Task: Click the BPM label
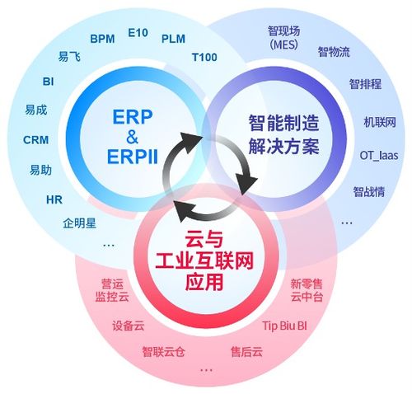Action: [x=103, y=38]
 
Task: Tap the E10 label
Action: [x=138, y=33]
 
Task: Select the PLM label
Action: [x=173, y=38]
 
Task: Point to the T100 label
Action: [x=204, y=57]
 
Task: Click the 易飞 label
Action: [x=69, y=57]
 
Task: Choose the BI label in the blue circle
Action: [x=48, y=82]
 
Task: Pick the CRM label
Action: [x=36, y=139]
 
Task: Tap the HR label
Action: [x=54, y=199]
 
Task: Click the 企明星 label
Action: [x=80, y=223]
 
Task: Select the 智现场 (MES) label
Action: [x=283, y=38]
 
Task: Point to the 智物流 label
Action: [x=334, y=52]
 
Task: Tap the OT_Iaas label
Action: [x=379, y=154]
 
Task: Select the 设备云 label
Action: [x=128, y=325]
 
